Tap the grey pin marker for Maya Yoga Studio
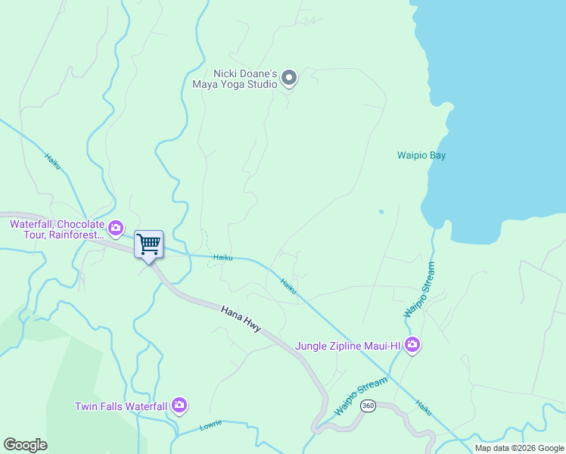pyautogui.click(x=289, y=77)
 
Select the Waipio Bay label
pyautogui.click(x=421, y=156)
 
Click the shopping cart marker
pyautogui.click(x=149, y=244)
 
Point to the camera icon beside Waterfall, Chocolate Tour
pyautogui.click(x=116, y=227)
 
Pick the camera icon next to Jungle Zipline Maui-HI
pyautogui.click(x=412, y=345)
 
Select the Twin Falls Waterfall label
pyautogui.click(x=120, y=406)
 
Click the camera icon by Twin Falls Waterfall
pyautogui.click(x=179, y=406)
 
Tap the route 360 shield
pyautogui.click(x=368, y=406)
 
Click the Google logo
pyautogui.click(x=25, y=445)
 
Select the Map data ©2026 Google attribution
pyautogui.click(x=519, y=448)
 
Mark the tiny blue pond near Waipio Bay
pyautogui.click(x=381, y=211)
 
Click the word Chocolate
pyautogui.click(x=78, y=225)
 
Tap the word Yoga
pyautogui.click(x=231, y=83)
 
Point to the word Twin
pyautogui.click(x=86, y=406)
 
